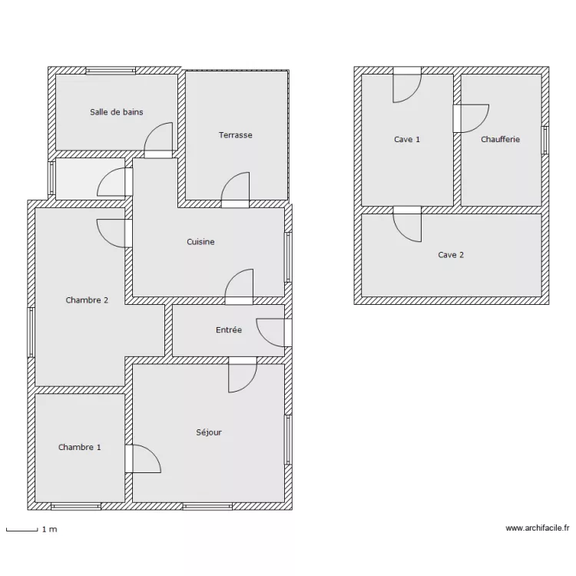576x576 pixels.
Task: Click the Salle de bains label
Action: tap(116, 112)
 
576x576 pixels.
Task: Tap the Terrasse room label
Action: tap(235, 135)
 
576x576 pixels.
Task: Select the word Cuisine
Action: tap(200, 242)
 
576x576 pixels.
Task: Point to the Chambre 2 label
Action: tap(87, 300)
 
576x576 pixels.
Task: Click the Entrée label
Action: tap(229, 330)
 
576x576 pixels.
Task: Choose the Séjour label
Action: tap(208, 432)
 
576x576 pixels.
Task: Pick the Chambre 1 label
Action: tap(79, 447)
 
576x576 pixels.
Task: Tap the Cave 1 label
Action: tap(407, 140)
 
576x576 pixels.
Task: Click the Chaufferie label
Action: tap(500, 140)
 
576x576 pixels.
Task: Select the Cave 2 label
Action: tap(451, 255)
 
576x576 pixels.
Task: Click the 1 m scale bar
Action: tap(22, 529)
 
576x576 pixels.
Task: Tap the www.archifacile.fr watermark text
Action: tap(537, 528)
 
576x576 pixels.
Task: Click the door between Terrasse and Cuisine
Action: tap(236, 191)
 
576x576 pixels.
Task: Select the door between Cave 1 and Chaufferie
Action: tap(470, 118)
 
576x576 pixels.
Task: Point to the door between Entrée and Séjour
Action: tap(242, 374)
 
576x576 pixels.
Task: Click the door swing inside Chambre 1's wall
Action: tap(143, 459)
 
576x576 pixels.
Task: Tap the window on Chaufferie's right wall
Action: tap(545, 140)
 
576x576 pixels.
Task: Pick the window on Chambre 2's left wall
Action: tap(31, 332)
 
